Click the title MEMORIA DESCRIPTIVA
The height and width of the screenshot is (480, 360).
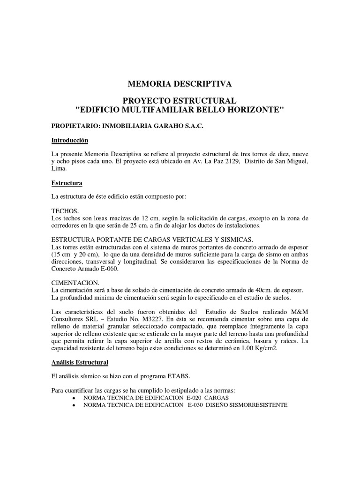(x=180, y=84)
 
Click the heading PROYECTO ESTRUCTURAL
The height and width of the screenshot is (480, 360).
(x=180, y=101)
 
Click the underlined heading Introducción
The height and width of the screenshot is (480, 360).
(x=69, y=140)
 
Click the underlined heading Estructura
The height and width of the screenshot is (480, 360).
(x=67, y=182)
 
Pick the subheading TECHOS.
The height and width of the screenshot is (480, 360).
(x=65, y=211)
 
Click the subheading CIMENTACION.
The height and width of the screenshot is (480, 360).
(x=75, y=283)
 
